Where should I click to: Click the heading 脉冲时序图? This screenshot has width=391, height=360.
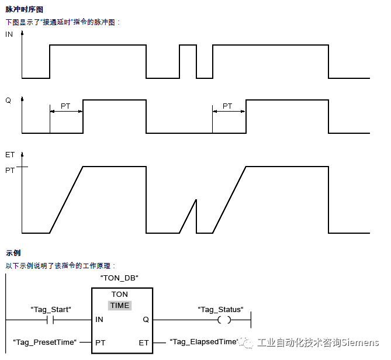[x=24, y=9]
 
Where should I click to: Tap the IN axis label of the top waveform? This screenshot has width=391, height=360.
[x=9, y=34]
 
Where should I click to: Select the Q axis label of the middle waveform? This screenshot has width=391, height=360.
[x=8, y=100]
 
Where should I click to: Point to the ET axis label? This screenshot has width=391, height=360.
[x=10, y=154]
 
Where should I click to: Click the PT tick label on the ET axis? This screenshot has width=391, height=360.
[x=10, y=170]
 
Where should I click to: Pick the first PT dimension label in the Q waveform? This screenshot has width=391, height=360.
[x=65, y=106]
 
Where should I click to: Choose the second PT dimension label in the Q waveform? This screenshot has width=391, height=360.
[x=227, y=106]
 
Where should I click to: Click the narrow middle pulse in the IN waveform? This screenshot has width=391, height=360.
[x=188, y=45]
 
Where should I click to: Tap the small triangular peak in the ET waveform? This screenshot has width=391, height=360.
[x=196, y=200]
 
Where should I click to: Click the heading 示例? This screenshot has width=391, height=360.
[x=13, y=253]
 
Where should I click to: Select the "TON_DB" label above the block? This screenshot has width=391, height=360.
[x=119, y=278]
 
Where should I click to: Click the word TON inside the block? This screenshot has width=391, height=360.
[x=120, y=294]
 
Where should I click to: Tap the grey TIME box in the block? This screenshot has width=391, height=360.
[x=120, y=306]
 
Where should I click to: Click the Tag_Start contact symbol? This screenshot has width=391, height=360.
[x=50, y=320]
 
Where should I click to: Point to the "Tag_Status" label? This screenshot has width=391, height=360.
[x=221, y=309]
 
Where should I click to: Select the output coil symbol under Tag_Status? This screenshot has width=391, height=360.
[x=224, y=320]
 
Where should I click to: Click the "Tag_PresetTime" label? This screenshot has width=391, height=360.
[x=45, y=342]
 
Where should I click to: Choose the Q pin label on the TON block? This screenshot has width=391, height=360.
[x=146, y=319]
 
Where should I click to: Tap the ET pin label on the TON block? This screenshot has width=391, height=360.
[x=144, y=343]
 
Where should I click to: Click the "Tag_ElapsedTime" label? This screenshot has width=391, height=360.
[x=204, y=341]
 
